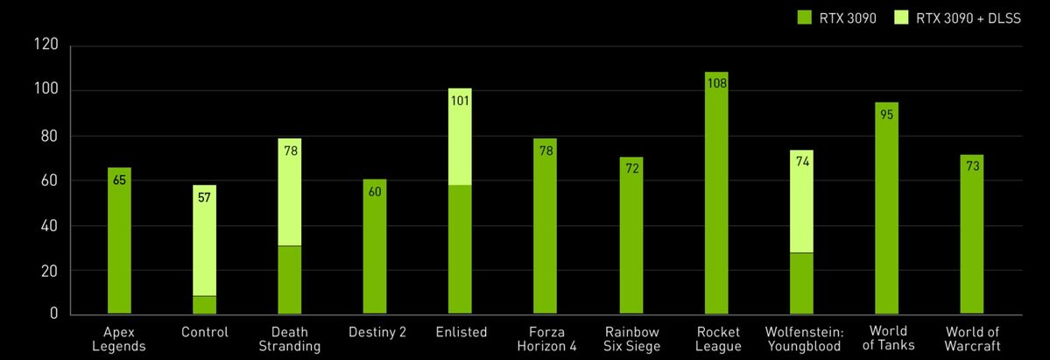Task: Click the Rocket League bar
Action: [x=716, y=201]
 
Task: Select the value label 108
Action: [x=716, y=83]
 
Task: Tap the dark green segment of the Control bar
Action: [x=205, y=305]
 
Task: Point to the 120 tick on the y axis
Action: [x=46, y=45]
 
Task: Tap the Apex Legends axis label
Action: [x=119, y=338]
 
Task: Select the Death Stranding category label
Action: [x=290, y=338]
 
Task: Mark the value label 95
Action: [x=886, y=114]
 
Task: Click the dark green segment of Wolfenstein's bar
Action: [x=801, y=282]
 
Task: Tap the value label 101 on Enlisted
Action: [x=460, y=99]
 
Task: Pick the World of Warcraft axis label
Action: [x=972, y=338]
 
